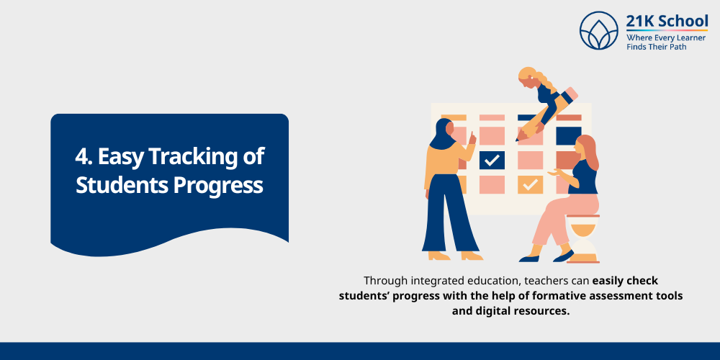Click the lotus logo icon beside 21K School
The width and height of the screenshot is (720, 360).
coord(599,30)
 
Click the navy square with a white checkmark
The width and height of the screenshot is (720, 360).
coord(492,160)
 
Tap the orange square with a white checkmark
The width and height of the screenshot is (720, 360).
coord(531,185)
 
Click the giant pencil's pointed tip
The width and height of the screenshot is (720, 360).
coord(519,137)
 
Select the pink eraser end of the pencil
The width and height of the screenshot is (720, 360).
coord(570,94)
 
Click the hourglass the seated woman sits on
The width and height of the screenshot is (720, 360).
coord(582,238)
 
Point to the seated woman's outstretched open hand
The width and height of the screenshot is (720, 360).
coord(553,172)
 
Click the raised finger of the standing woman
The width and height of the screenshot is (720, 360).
coord(473,134)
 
